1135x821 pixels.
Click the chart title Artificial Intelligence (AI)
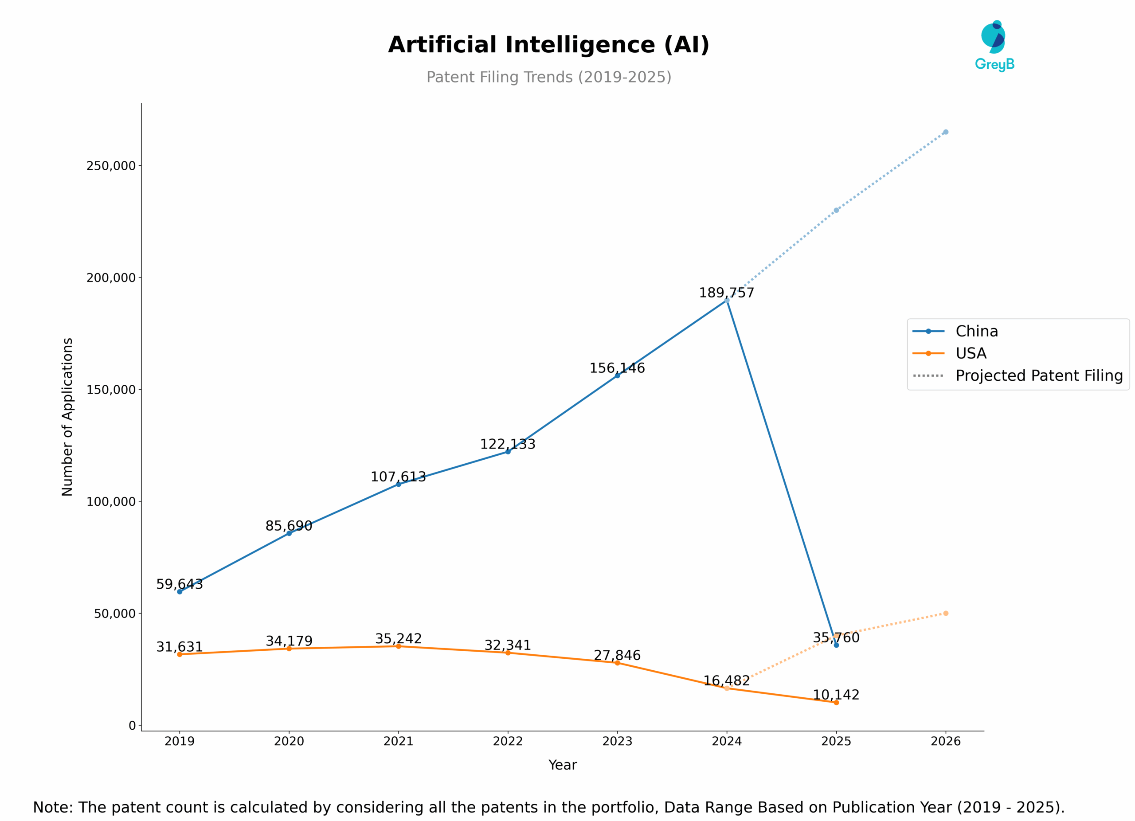[548, 45]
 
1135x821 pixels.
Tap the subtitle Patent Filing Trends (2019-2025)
[548, 77]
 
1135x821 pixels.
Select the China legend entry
[976, 331]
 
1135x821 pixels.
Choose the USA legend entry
[971, 353]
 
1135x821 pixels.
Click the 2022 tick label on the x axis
[508, 741]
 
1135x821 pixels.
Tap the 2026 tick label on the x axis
[945, 741]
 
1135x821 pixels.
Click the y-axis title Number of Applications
[67, 417]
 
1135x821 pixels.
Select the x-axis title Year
[563, 765]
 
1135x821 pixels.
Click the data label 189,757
[726, 293]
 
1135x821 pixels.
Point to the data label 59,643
[179, 584]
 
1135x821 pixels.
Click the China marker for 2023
[617, 375]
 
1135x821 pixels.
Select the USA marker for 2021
[398, 646]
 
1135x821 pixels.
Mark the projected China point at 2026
[945, 132]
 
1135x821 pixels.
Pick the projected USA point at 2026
[945, 613]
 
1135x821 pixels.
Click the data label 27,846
[617, 655]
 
